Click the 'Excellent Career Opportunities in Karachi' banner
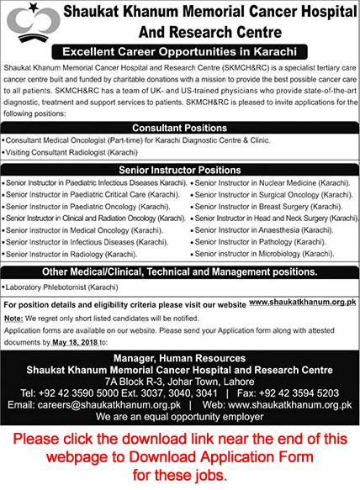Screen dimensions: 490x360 click(x=181, y=51)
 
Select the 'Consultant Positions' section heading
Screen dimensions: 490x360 click(x=179, y=128)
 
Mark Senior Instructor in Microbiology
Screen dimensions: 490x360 click(x=261, y=253)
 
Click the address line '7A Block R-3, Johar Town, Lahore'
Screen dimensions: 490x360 click(x=179, y=380)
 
